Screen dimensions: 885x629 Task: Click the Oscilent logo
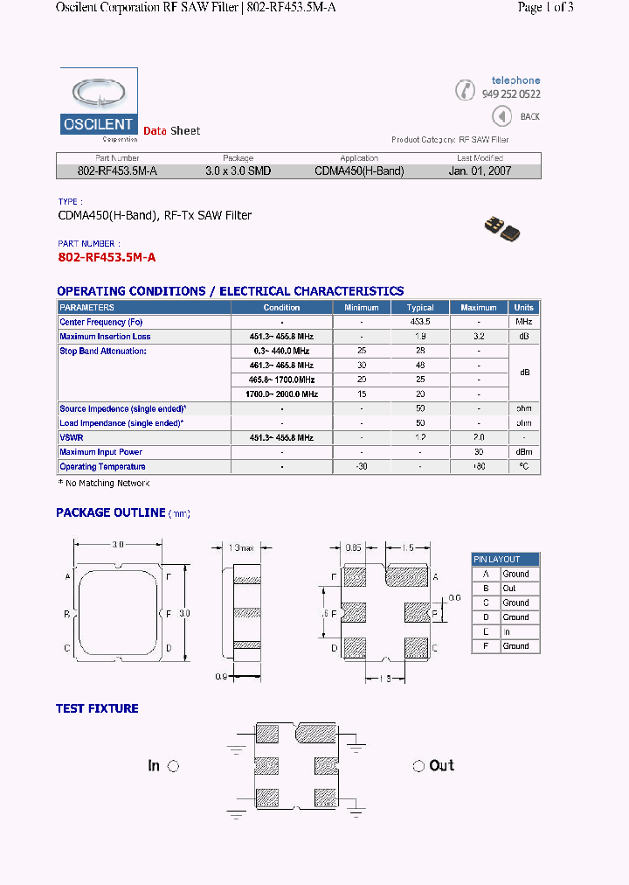[x=99, y=104]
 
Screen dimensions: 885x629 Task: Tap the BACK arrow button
[x=501, y=116]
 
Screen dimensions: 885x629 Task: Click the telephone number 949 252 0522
[x=511, y=94]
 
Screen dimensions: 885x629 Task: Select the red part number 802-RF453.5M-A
[x=107, y=257]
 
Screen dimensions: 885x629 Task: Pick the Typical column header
[x=420, y=308]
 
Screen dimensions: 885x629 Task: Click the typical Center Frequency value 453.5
[x=420, y=322]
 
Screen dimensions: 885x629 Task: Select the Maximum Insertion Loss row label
[x=105, y=337]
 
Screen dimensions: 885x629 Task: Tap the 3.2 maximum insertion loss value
[x=479, y=337]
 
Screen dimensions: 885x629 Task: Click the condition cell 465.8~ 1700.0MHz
[x=281, y=380]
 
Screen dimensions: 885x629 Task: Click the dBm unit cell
[x=524, y=452]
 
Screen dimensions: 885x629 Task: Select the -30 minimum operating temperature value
[x=361, y=467]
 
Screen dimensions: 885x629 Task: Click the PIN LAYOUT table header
[x=497, y=560]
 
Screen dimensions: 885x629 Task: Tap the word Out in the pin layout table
[x=509, y=589]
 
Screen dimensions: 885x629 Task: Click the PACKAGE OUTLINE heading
[x=111, y=512]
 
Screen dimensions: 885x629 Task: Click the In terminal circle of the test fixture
[x=173, y=766]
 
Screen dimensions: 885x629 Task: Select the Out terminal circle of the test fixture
[x=418, y=766]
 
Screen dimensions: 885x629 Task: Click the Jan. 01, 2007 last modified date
[x=480, y=171]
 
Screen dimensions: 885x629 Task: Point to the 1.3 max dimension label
[x=240, y=547]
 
